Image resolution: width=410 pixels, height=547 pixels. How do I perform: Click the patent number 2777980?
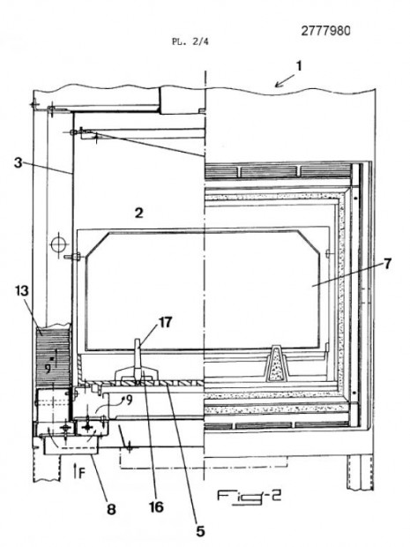(x=325, y=31)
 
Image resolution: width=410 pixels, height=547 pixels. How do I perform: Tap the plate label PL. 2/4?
(x=190, y=41)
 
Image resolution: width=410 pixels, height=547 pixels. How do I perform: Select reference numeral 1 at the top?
(x=298, y=65)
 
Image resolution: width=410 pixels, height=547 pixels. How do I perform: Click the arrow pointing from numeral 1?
(x=285, y=80)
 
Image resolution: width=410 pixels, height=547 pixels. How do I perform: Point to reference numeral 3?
(x=19, y=162)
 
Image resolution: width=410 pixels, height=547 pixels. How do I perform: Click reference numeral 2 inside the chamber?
(x=139, y=213)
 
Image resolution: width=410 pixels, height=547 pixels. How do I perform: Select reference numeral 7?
(x=388, y=264)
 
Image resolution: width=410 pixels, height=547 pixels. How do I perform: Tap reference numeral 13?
(x=22, y=290)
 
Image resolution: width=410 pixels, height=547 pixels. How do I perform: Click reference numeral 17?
(x=165, y=322)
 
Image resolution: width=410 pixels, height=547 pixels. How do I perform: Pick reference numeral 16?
(x=156, y=506)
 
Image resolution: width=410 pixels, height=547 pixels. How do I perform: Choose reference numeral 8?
(x=111, y=509)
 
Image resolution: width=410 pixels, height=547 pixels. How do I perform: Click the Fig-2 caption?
(x=249, y=497)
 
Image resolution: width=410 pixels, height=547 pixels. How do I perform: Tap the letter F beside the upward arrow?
(x=82, y=473)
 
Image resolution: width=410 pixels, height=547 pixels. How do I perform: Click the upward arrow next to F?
(x=76, y=470)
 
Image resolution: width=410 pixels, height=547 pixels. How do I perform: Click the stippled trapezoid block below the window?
(x=277, y=363)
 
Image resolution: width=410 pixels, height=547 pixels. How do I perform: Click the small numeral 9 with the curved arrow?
(x=130, y=401)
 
